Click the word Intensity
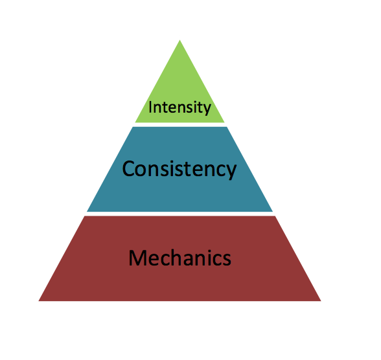click(x=179, y=107)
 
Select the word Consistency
click(x=179, y=169)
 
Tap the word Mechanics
click(x=180, y=258)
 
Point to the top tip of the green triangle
click(x=180, y=40)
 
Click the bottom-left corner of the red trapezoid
click(x=39, y=301)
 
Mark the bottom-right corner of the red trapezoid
click(x=321, y=301)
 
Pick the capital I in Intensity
click(x=150, y=107)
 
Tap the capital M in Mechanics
click(x=137, y=258)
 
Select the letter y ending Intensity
click(x=207, y=109)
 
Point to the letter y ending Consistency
click(x=231, y=172)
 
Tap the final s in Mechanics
click(x=227, y=260)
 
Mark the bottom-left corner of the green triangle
click(x=135, y=122)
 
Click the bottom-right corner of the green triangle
click(x=224, y=122)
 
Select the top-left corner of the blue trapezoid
click(x=133, y=127)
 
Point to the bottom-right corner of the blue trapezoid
click(x=273, y=212)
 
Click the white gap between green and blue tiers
click(x=180, y=125)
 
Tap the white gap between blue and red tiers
click(x=180, y=214)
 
